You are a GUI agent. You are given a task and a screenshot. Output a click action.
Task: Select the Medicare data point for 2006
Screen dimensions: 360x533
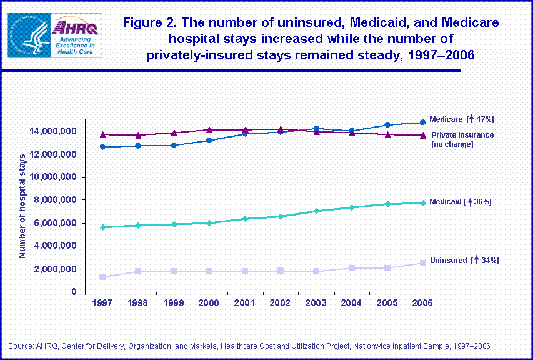click(x=422, y=122)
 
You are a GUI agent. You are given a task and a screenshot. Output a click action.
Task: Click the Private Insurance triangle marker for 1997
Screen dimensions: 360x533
click(x=102, y=134)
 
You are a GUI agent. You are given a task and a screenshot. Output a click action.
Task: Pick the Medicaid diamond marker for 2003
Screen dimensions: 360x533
click(x=316, y=211)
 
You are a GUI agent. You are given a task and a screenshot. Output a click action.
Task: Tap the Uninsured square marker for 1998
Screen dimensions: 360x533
click(x=138, y=271)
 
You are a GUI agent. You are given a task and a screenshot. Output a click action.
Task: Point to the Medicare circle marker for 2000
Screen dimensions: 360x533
click(x=209, y=140)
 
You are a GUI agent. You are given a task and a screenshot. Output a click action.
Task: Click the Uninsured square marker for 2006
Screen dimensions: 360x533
click(x=422, y=262)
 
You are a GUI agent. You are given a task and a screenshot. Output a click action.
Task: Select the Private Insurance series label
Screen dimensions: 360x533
click(x=462, y=139)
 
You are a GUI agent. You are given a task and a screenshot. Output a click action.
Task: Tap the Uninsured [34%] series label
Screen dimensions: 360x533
click(x=464, y=260)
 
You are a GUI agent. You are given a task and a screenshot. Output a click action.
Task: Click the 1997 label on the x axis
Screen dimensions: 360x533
click(x=102, y=304)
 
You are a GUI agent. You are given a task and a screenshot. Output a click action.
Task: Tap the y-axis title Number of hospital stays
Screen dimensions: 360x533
click(x=22, y=206)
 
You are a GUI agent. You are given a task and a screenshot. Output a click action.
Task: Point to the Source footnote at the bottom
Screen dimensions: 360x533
click(x=249, y=346)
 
